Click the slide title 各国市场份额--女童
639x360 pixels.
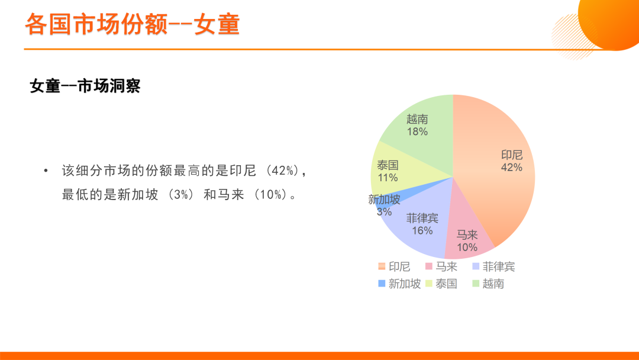(x=133, y=24)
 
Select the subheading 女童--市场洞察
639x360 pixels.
(x=85, y=86)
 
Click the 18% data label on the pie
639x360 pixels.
(x=417, y=131)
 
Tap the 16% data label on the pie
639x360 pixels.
(x=422, y=231)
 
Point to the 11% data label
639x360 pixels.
(x=388, y=178)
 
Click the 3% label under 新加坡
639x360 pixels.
(x=385, y=212)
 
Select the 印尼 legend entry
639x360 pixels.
(x=394, y=266)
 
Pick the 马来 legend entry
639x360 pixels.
(x=441, y=266)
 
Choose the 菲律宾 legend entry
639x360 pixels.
(x=493, y=266)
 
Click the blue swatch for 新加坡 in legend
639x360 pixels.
(x=382, y=284)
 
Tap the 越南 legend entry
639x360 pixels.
(x=488, y=284)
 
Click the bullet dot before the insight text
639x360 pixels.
(x=46, y=171)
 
